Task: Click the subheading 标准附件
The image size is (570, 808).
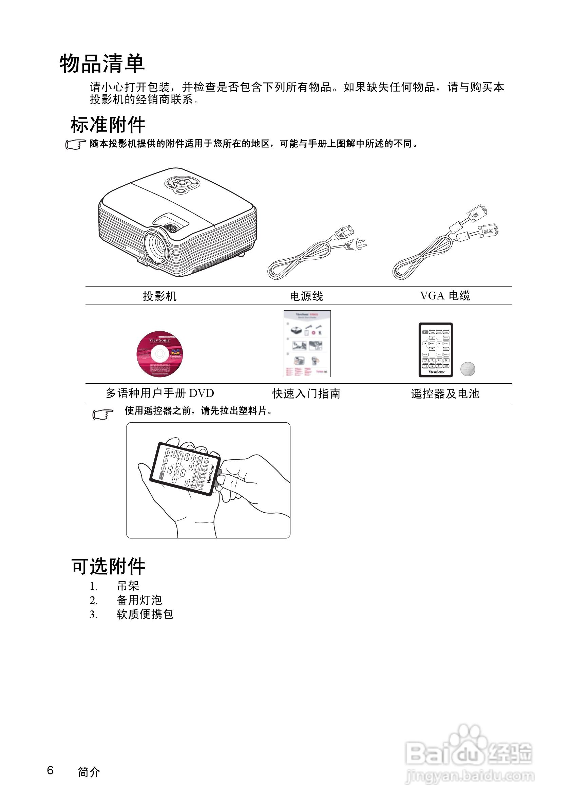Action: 108,125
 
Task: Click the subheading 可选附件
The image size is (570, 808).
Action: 108,566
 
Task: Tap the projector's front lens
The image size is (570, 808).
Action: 157,246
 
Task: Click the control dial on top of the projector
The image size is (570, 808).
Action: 182,184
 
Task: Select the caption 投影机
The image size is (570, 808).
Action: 159,296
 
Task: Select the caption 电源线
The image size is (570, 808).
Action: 306,296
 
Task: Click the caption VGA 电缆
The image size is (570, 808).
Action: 445,296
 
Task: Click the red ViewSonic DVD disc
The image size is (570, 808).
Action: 160,354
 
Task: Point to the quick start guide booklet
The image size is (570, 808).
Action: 307,344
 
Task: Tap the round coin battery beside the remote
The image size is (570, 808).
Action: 467,369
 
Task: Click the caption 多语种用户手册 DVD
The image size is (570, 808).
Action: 160,393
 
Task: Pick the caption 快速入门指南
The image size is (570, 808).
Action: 306,393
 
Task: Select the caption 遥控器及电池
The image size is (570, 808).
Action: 445,393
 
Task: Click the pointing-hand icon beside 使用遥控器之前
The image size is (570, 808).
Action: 103,414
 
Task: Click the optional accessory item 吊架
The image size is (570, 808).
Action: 128,586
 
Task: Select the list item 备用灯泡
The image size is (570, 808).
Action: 139,600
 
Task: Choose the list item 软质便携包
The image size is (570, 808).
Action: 145,614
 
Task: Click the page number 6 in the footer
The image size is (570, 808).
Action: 50,770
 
